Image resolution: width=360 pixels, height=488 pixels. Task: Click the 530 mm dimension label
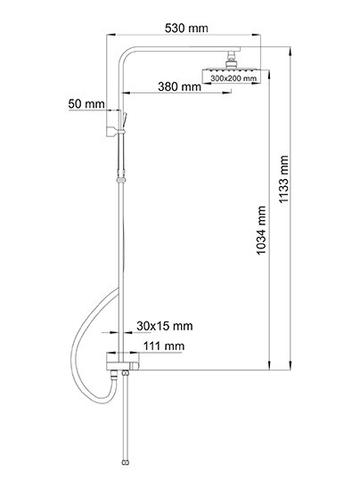click(x=186, y=28)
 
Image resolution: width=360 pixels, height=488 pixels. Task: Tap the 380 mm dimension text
click(x=179, y=86)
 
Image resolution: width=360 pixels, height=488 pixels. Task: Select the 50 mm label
click(x=86, y=103)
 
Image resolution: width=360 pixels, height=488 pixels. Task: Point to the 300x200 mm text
click(x=233, y=78)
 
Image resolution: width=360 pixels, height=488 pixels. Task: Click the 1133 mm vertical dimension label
click(x=283, y=179)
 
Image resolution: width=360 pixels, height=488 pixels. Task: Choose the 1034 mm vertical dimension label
click(x=261, y=231)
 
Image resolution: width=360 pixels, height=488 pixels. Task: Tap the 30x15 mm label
click(x=165, y=326)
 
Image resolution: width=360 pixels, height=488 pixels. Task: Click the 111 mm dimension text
click(x=164, y=346)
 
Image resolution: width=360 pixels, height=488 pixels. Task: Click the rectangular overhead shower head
click(x=232, y=76)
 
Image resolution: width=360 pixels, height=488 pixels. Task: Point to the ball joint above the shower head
click(x=232, y=60)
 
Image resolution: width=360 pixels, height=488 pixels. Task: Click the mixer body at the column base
click(x=122, y=362)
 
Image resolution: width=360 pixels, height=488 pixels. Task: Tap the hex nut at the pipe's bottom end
click(x=126, y=462)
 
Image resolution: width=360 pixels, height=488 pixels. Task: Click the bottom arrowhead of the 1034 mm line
click(x=269, y=366)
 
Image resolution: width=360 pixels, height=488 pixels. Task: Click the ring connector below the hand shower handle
click(x=121, y=180)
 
